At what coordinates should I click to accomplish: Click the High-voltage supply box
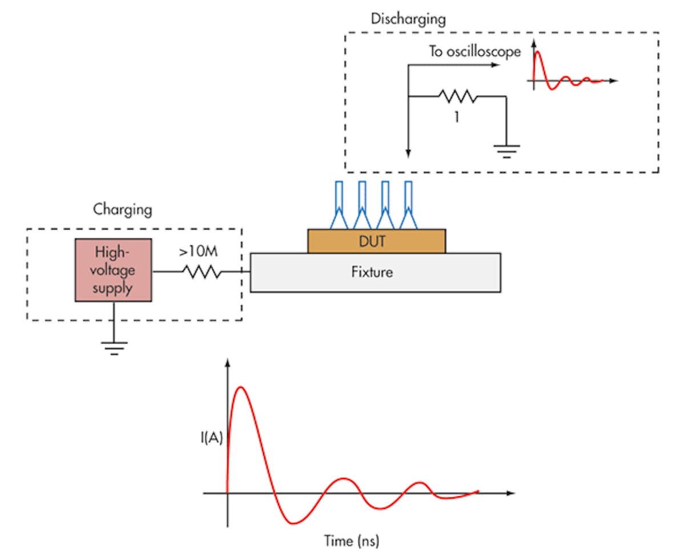click(x=113, y=270)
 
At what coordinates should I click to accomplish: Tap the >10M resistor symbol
click(x=202, y=272)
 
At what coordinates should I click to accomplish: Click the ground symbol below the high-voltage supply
click(x=114, y=347)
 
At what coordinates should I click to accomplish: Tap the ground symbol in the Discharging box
click(x=506, y=150)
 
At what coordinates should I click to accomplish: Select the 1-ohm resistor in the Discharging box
click(x=457, y=96)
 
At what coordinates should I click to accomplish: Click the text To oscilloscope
click(x=475, y=51)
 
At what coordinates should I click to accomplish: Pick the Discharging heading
click(x=408, y=18)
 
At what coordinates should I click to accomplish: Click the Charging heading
click(x=122, y=209)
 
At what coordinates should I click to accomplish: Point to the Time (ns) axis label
click(x=352, y=540)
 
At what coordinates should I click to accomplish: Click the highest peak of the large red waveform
click(x=241, y=387)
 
